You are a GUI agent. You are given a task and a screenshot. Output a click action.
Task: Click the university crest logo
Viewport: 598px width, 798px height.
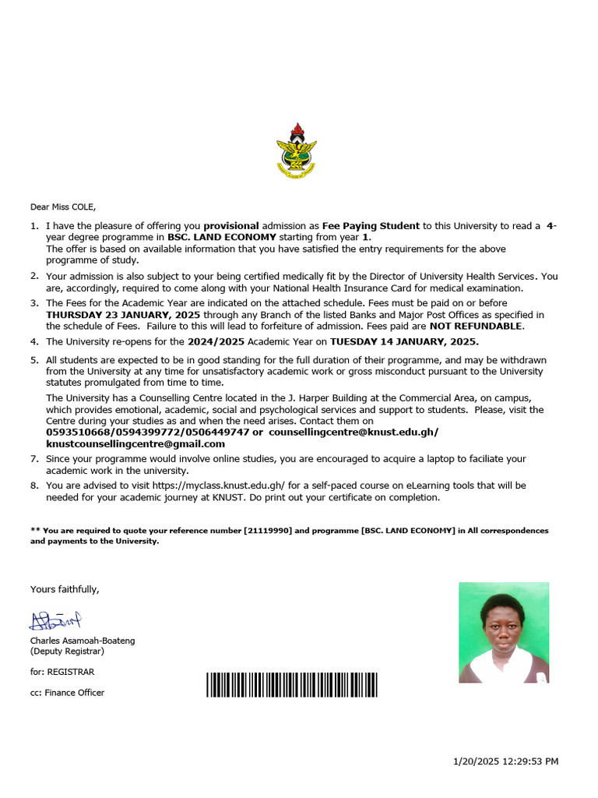tap(297, 149)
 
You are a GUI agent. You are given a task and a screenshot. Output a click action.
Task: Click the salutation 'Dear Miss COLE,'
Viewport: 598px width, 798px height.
tap(63, 207)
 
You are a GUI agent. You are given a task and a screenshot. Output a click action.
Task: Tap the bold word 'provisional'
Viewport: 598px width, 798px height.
tap(230, 226)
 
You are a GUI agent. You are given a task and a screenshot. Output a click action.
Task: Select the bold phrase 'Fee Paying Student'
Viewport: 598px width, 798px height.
tap(371, 226)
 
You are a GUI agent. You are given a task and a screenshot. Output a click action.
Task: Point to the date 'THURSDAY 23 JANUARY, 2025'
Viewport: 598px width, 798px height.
tap(123, 315)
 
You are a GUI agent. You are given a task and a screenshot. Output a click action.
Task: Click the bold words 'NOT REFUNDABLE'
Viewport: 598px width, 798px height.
tap(476, 326)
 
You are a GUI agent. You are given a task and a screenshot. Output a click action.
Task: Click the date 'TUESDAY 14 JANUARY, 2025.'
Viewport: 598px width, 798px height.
tap(404, 342)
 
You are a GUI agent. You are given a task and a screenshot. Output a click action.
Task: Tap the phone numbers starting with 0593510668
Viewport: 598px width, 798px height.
tap(148, 432)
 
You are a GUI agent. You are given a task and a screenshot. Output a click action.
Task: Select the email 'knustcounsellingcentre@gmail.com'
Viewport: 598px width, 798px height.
tap(135, 443)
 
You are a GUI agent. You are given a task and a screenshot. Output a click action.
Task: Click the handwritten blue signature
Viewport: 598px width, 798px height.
tap(55, 620)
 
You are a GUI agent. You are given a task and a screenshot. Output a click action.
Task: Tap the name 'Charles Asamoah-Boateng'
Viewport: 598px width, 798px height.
tap(83, 641)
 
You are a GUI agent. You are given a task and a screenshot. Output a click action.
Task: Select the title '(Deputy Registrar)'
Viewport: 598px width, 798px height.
tap(67, 651)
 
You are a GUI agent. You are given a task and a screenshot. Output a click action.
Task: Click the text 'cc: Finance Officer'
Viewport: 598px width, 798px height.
tap(67, 692)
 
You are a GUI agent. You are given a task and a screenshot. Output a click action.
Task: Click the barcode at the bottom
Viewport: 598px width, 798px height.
tap(292, 684)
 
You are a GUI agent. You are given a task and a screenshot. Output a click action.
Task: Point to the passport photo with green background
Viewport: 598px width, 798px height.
tap(504, 632)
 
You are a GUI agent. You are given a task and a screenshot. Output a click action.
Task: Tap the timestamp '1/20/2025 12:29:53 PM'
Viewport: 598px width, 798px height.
tap(505, 761)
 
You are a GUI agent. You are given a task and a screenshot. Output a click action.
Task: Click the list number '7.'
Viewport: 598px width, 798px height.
tap(34, 459)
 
